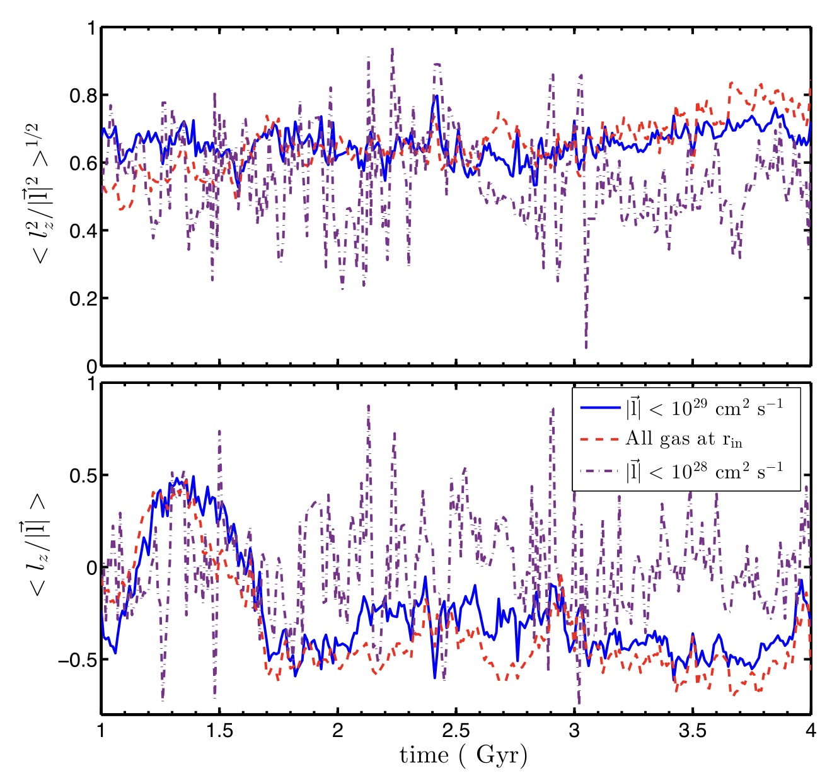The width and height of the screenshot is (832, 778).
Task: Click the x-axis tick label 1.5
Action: (x=219, y=731)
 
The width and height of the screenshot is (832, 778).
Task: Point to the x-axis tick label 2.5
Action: (x=456, y=731)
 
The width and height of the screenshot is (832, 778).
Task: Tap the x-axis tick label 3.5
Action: (x=692, y=731)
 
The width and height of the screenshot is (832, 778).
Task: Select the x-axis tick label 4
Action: (x=811, y=731)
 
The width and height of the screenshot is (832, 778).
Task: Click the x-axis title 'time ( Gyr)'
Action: (x=463, y=755)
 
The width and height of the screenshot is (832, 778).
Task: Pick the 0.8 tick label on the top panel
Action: (x=83, y=96)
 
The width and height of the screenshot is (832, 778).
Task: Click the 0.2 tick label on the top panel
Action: (x=83, y=298)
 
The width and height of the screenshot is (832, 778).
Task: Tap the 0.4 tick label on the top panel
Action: (x=83, y=231)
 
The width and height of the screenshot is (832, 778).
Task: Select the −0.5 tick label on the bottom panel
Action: (x=77, y=660)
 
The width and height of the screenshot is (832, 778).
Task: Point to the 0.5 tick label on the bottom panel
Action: (x=83, y=475)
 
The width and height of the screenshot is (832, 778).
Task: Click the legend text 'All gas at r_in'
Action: (x=684, y=439)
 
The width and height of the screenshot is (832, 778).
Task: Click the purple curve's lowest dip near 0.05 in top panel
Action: (x=586, y=346)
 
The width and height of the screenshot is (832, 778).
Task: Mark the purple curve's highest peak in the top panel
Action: (x=392, y=49)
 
